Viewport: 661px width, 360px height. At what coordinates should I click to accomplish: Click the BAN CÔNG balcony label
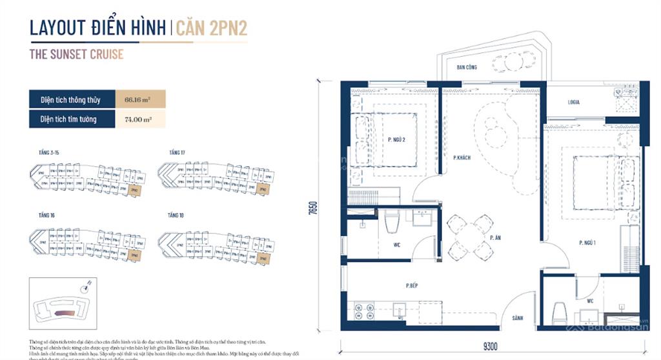(x=467, y=67)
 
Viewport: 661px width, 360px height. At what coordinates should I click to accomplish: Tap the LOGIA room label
(x=574, y=102)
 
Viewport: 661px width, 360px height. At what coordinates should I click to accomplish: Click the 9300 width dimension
(x=490, y=347)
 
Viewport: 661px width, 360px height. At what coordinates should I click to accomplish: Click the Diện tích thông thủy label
(x=70, y=100)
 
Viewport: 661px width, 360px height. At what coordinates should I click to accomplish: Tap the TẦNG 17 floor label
(x=177, y=153)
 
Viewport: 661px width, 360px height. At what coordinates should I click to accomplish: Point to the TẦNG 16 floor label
(x=48, y=215)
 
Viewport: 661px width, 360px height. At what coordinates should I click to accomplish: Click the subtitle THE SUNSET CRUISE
(x=76, y=54)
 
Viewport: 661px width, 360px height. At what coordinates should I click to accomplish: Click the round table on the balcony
(x=513, y=61)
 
